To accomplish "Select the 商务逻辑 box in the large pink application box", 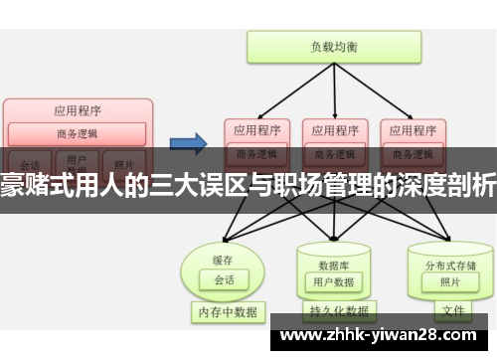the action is [x=78, y=133].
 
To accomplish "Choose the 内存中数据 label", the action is [x=226, y=312].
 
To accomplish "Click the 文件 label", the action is [x=453, y=310].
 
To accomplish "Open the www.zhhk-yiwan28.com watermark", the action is [x=382, y=336].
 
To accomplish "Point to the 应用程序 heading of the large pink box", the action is [x=78, y=110].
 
